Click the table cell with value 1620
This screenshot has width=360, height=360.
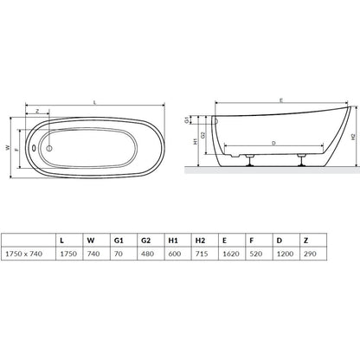point(232,254)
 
